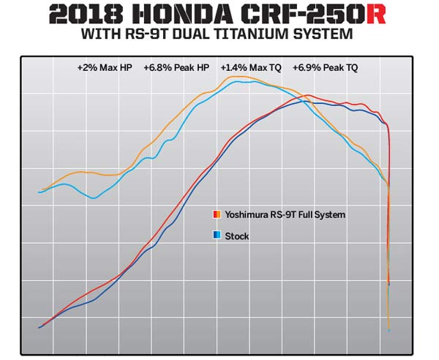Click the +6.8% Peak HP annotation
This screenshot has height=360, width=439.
(176, 68)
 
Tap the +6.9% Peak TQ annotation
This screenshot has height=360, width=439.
(325, 68)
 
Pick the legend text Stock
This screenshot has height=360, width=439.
(237, 236)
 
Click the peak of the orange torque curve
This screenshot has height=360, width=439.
(235, 76)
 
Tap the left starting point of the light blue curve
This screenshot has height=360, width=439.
(39, 192)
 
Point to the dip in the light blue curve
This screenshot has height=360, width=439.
(93, 198)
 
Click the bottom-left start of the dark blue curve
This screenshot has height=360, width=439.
(40, 327)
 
